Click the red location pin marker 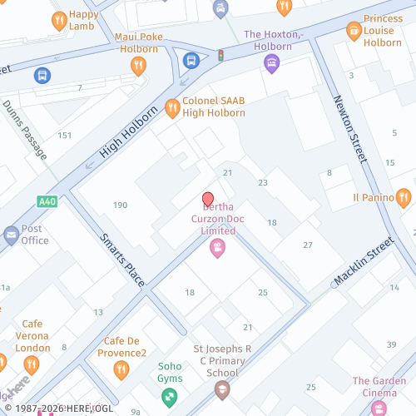coord(208,200)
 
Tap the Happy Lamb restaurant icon coord(59,20)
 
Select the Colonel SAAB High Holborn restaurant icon coord(172,106)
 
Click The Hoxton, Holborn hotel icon coord(271,63)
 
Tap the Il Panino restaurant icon coord(404,197)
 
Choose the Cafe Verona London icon coord(32,364)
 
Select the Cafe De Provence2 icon coord(121,369)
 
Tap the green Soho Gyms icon coord(171,397)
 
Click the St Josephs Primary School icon coord(222,389)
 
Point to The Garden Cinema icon coord(379,408)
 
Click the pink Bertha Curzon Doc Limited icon coord(217,247)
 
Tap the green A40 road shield coord(48,201)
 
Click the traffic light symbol coord(221,56)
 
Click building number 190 coord(121,205)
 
